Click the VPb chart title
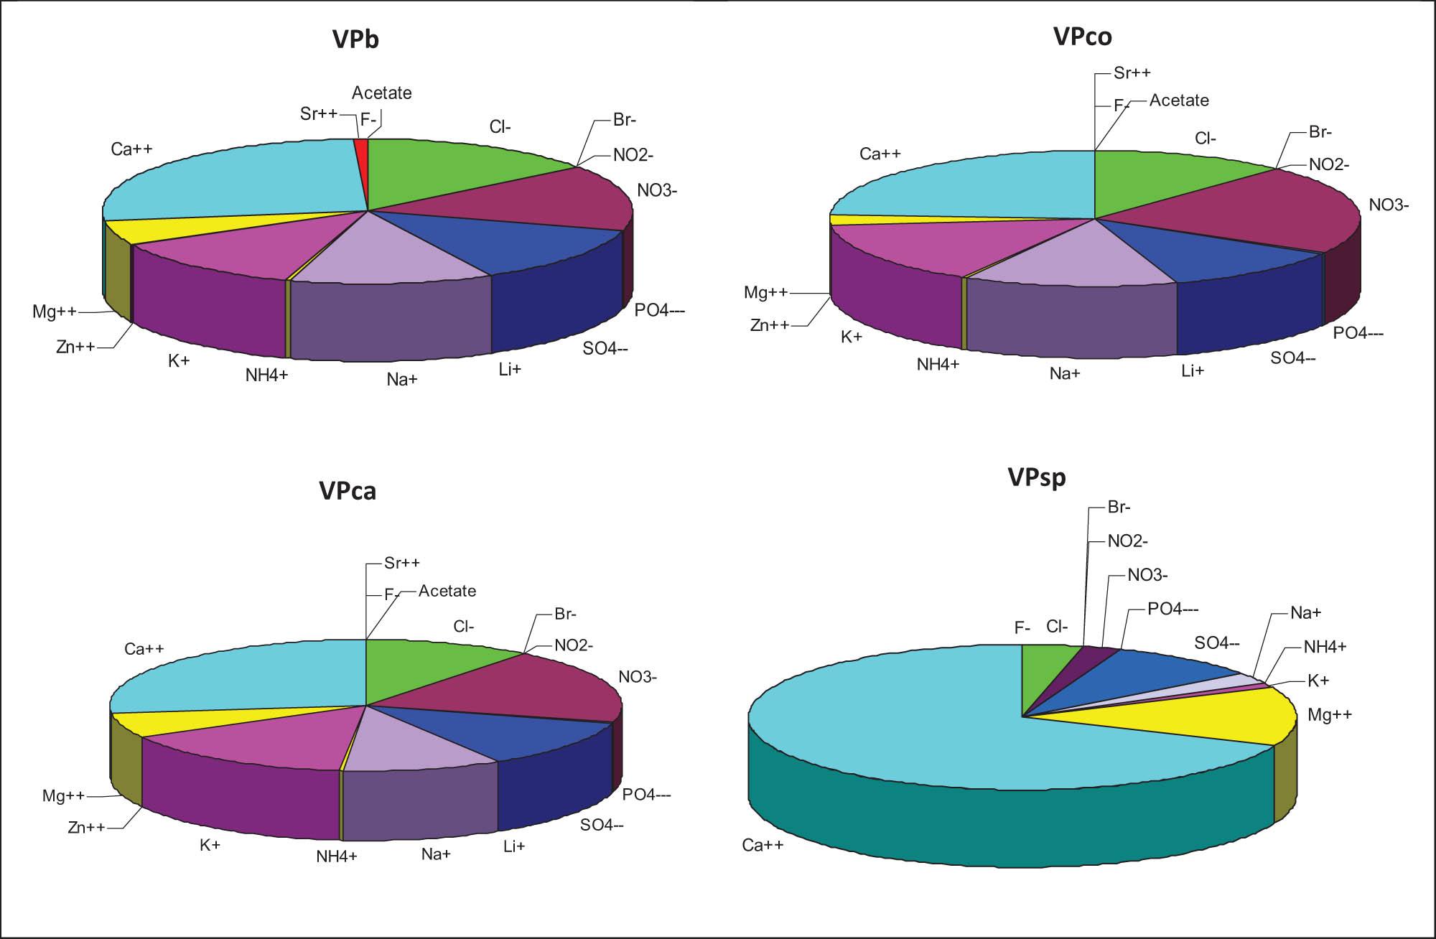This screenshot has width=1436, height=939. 355,39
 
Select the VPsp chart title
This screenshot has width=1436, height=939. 1036,477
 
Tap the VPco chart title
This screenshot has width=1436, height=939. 1082,36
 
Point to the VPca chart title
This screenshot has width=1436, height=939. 348,491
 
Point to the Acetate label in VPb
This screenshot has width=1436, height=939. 381,93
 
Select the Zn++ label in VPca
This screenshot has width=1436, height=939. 86,828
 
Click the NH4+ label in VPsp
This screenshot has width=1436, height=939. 1325,647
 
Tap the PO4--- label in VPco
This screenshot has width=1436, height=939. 1358,333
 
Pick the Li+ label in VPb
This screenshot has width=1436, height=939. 510,370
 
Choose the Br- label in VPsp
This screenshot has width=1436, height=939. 1119,508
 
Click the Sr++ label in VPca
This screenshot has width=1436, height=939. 401,563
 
